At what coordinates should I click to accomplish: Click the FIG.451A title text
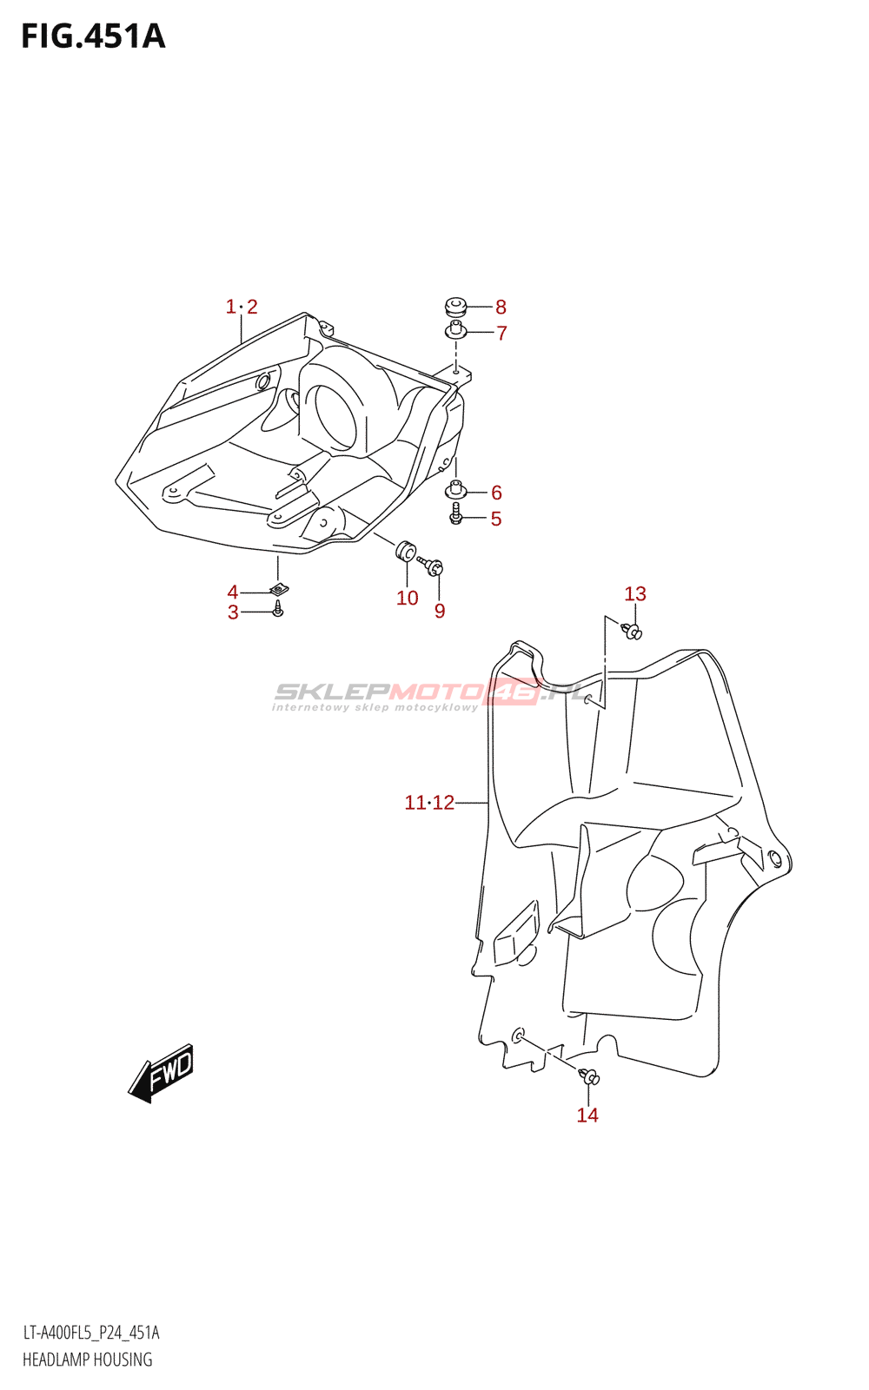pos(93,36)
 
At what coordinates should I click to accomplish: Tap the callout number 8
pos(501,307)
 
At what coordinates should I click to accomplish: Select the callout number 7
pos(501,333)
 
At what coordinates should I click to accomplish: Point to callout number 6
pos(496,493)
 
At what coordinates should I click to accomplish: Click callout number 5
pos(496,519)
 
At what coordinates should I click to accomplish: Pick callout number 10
pos(407,598)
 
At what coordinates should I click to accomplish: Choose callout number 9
pos(440,611)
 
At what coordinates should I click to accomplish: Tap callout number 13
pos(635,594)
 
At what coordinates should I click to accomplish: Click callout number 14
pos(587,1115)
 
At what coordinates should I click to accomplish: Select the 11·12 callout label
pos(429,803)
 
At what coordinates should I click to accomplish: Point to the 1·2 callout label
pos(242,307)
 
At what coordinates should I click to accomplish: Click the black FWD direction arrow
pos(163,1073)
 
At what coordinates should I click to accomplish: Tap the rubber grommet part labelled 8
pos(455,306)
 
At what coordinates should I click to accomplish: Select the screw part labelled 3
pos(277,612)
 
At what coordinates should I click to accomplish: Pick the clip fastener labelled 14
pos(591,1078)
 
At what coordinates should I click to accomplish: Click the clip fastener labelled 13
pos(633,631)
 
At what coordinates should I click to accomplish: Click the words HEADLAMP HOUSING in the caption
pos(87,1360)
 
